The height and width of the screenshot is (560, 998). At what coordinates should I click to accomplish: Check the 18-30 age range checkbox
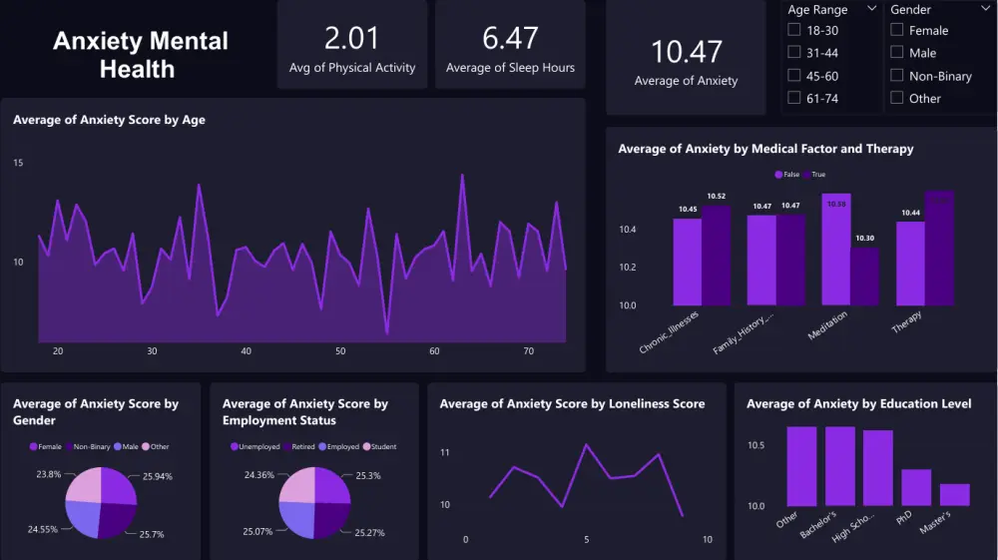794,31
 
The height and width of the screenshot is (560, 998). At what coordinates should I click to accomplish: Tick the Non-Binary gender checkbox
897,76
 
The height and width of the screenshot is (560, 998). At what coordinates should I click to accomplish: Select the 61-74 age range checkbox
794,98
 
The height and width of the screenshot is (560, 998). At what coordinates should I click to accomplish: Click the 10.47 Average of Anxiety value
686,52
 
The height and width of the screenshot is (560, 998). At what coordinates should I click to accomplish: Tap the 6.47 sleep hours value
510,38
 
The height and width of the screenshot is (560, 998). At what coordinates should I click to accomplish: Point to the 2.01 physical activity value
352,38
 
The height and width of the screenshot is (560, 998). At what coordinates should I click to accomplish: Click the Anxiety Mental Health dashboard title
141,55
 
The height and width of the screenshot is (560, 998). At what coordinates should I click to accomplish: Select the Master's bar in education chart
954,494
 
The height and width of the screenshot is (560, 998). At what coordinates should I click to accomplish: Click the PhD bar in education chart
916,487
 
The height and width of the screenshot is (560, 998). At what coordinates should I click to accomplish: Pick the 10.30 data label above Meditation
864,239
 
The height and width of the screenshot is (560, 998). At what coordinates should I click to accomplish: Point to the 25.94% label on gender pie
157,477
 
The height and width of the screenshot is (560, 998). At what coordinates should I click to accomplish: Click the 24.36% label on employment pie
258,475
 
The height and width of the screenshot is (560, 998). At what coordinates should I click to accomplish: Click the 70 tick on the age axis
529,351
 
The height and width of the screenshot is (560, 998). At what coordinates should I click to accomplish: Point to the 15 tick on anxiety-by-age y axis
18,163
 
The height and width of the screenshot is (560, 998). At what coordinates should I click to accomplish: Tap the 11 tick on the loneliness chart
444,453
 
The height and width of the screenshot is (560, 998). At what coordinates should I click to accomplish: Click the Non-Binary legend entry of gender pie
88,446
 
